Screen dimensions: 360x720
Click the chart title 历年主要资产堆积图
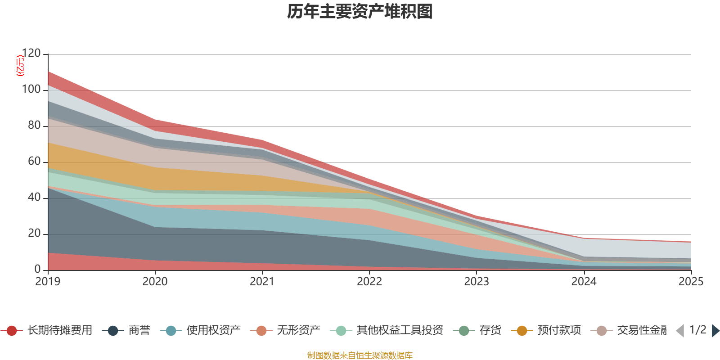click(360, 12)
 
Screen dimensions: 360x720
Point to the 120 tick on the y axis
click(31, 54)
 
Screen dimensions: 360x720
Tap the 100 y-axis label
click(31, 90)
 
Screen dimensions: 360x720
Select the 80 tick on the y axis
click(34, 126)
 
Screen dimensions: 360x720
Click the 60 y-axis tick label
click(34, 162)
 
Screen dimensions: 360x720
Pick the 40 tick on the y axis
click(34, 198)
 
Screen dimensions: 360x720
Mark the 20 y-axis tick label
click(34, 234)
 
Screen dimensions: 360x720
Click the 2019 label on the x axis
click(48, 282)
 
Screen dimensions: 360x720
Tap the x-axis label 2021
click(262, 282)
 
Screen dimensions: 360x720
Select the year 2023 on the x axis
click(477, 282)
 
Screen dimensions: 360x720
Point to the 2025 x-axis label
click(691, 282)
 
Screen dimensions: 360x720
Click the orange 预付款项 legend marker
click(522, 331)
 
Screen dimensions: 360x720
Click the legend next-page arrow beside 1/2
click(715, 331)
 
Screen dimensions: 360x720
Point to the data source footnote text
click(360, 355)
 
